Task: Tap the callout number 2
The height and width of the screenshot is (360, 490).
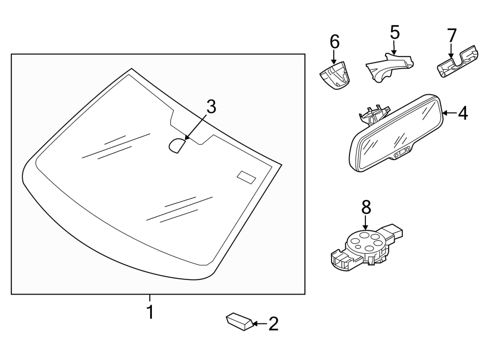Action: [273, 325]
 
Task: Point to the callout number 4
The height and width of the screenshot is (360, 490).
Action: [462, 113]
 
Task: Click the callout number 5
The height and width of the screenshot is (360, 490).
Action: [395, 33]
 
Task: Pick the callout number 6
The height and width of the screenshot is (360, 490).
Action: [334, 41]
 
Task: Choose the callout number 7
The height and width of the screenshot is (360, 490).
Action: [451, 35]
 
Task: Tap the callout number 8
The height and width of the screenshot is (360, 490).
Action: [365, 207]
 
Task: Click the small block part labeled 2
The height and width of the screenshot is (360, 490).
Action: [238, 322]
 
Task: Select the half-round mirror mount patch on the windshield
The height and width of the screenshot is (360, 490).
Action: [176, 145]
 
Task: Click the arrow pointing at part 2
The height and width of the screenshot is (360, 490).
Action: [259, 325]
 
